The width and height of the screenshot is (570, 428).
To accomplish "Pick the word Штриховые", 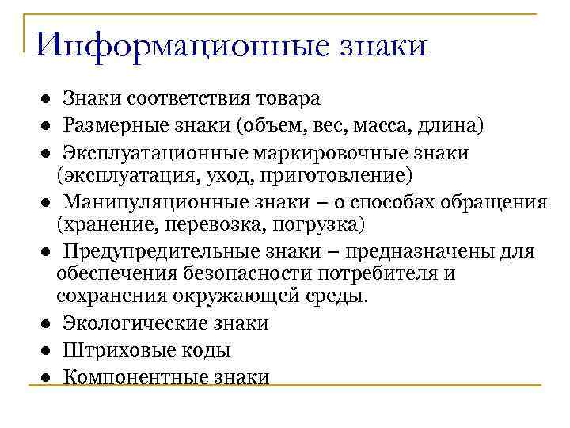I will click(x=112, y=349).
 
